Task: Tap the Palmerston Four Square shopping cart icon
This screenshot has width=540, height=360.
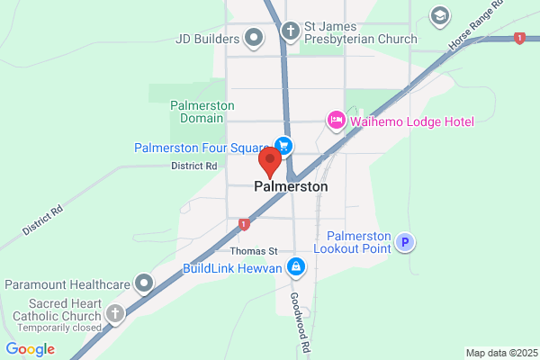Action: point(283,146)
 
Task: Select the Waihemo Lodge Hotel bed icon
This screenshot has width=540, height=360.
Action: point(336,119)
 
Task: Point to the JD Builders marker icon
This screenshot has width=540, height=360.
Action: point(254,39)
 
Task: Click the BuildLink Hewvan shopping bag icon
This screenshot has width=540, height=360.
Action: point(294,267)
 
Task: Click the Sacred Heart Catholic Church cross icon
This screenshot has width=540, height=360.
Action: point(114,313)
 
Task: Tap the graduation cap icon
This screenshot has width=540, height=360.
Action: point(439,16)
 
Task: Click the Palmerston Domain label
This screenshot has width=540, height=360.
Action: point(202,112)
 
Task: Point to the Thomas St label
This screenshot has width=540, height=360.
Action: point(255,251)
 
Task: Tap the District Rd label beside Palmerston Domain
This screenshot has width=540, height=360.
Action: point(194,166)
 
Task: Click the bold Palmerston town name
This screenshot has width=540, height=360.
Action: point(291,186)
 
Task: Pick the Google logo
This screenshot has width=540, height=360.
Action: point(30,349)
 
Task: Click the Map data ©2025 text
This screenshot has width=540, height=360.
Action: point(500,352)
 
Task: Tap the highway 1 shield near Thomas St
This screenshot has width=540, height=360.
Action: point(243,224)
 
